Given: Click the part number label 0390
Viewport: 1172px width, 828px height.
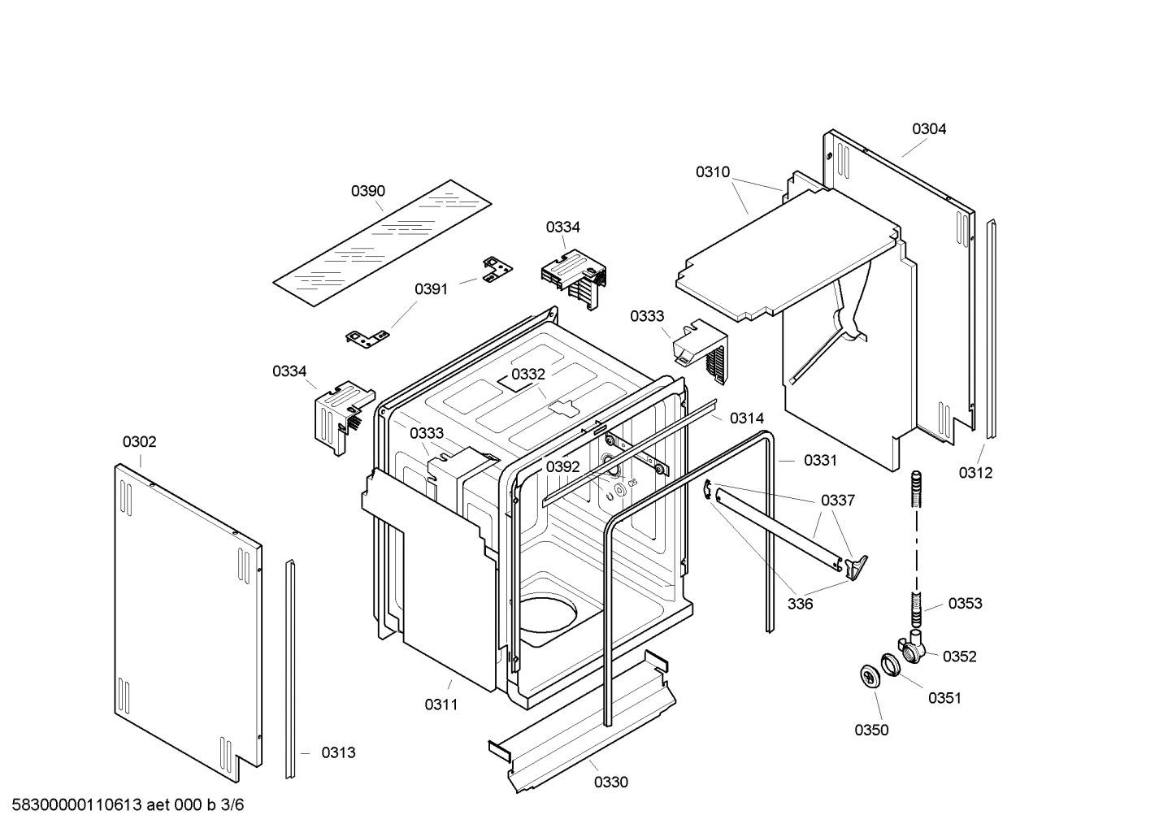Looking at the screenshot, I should [367, 191].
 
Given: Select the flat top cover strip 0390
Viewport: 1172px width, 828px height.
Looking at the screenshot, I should [383, 244].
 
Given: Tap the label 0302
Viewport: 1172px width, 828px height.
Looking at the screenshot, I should [139, 442].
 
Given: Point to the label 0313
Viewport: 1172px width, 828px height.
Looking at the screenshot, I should [338, 752].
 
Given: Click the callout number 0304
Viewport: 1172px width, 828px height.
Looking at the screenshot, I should [928, 128].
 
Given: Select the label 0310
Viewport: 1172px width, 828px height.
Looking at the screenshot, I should [712, 172].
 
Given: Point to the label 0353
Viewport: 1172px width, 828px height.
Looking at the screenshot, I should [965, 603].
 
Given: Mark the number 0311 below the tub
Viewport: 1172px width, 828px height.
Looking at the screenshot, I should [441, 704].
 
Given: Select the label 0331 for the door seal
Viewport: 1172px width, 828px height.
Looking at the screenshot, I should [820, 460].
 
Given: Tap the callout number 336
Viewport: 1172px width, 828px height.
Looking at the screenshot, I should [800, 604].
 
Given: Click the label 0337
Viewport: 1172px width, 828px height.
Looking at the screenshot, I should [837, 500].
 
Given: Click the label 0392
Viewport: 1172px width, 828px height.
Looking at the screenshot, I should [562, 466].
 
